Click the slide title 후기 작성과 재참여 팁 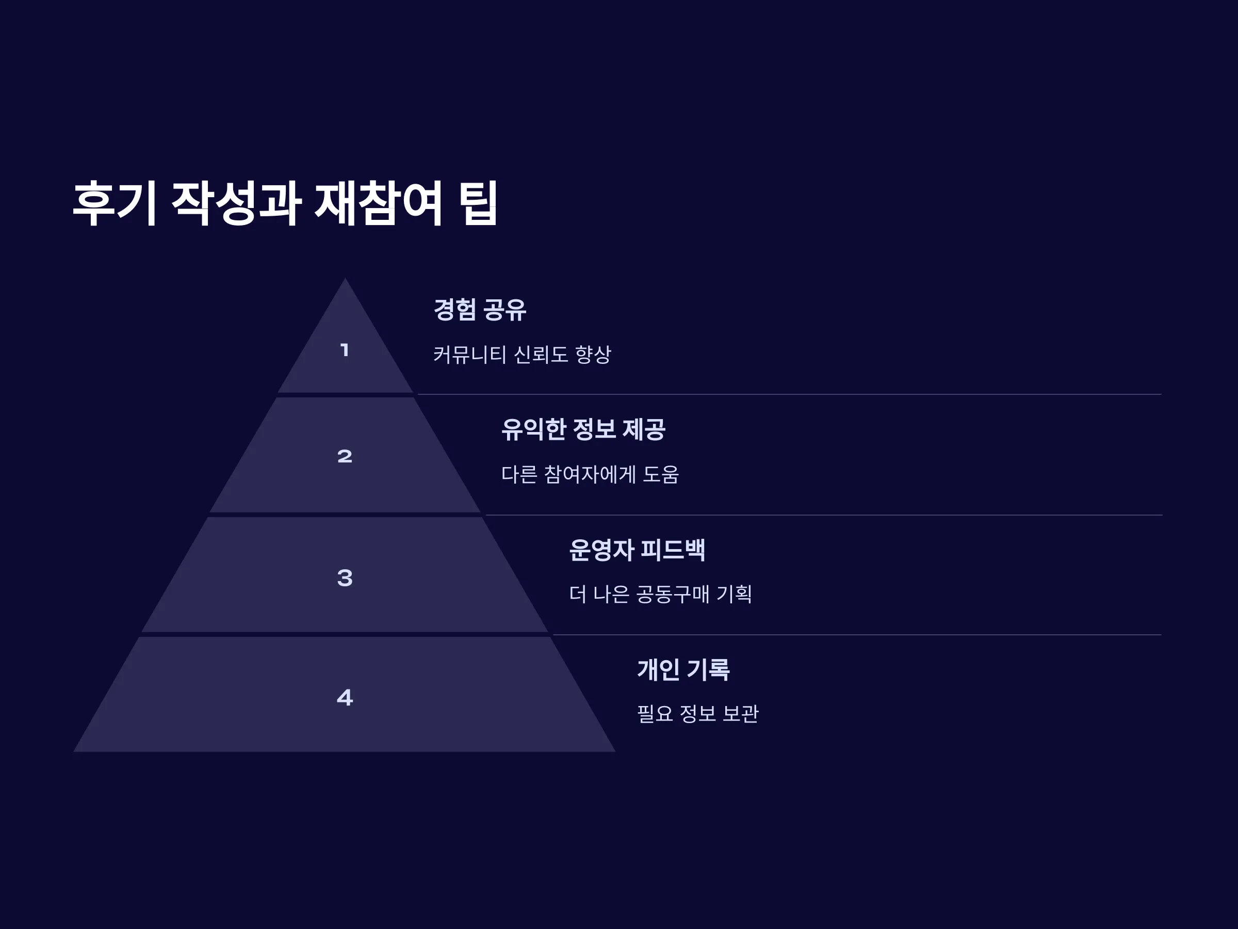pos(285,203)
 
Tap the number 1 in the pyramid pos(345,350)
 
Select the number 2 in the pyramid pos(345,456)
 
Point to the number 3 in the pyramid pos(345,578)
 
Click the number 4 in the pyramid pos(345,697)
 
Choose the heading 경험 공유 pos(480,310)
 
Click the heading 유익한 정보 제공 pos(582,429)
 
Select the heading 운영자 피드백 pos(637,549)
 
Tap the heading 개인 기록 pos(683,669)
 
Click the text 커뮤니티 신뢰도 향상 pos(522,355)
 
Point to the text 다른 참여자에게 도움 pos(590,474)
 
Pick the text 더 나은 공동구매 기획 pos(660,594)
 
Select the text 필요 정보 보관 pos(698,713)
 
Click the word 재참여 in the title pos(379,203)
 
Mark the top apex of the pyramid pos(345,278)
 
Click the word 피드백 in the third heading pos(672,549)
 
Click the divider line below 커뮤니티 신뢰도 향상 pos(789,394)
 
